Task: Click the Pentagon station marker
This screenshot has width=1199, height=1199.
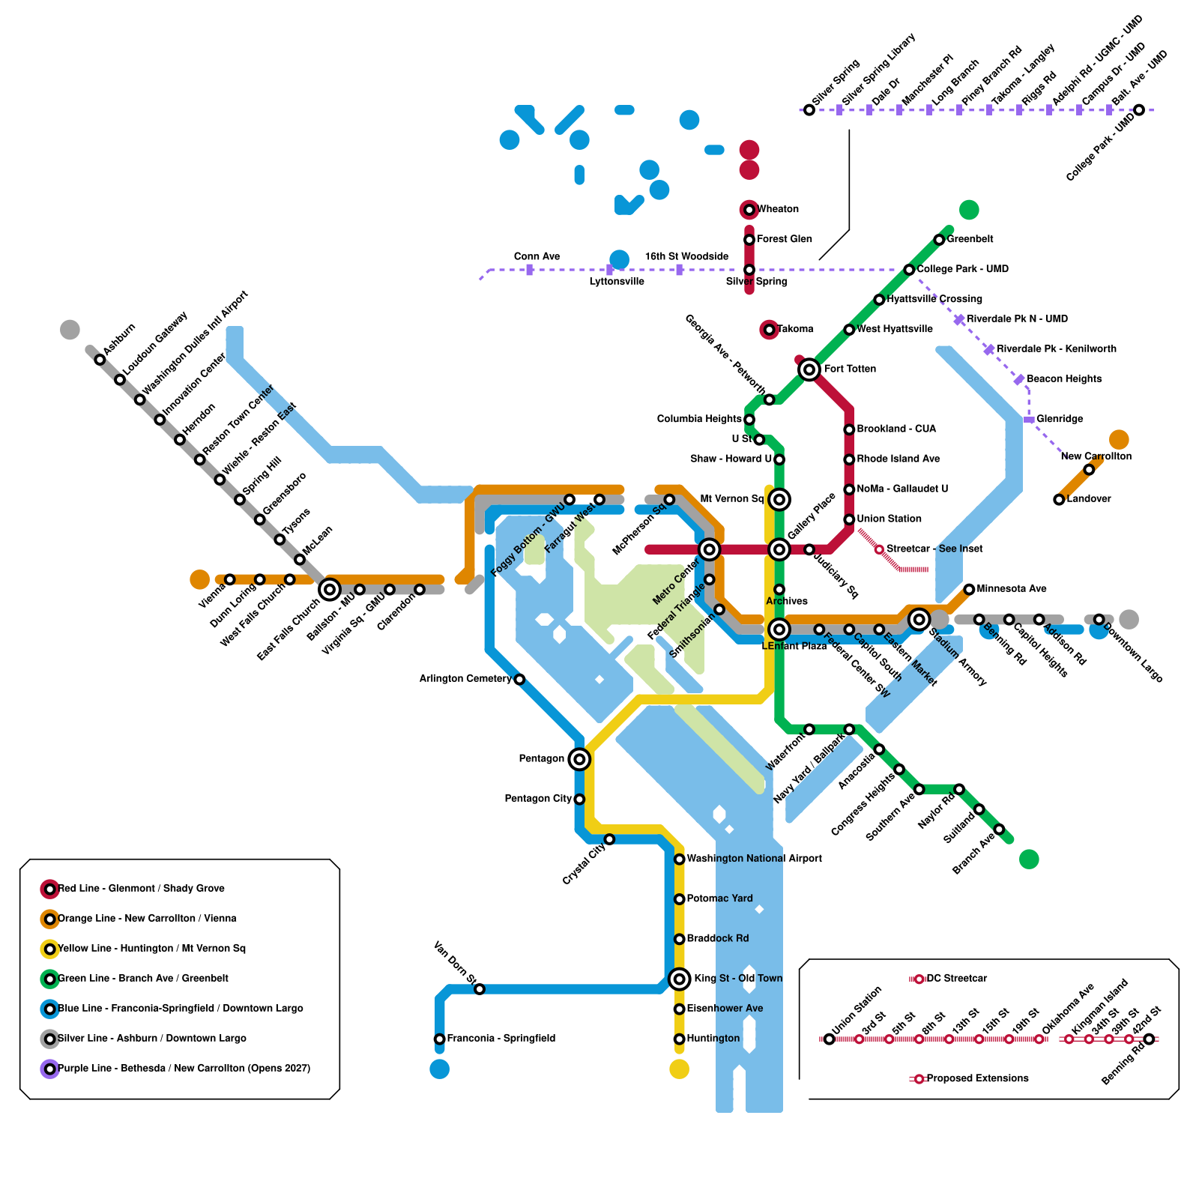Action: pos(579,759)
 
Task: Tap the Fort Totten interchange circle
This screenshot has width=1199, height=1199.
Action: pos(809,369)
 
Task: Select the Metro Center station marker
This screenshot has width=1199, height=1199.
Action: pos(709,549)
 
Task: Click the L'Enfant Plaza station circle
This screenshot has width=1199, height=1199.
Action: pos(779,629)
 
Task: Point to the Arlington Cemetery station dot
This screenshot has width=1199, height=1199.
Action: pos(519,680)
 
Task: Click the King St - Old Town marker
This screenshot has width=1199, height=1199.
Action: pos(679,979)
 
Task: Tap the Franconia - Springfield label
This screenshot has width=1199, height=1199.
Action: pos(501,1039)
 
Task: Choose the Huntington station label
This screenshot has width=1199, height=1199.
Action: pos(713,1039)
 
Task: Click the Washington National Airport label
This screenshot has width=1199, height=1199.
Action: pos(754,859)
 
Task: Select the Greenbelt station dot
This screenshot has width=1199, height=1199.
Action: pos(939,240)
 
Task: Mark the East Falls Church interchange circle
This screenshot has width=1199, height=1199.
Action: pos(330,590)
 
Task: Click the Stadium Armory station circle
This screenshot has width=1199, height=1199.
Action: pos(919,619)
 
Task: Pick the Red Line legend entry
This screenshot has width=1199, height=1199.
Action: pos(141,889)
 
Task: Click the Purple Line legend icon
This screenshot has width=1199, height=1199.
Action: pos(49,1069)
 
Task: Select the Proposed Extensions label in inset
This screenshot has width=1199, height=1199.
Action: pos(977,1078)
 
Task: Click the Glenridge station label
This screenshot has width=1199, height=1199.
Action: pos(1060,419)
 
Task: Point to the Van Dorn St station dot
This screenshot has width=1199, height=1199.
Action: pos(480,989)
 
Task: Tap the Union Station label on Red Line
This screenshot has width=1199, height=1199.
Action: pos(889,519)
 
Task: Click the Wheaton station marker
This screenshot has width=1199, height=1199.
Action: pos(749,210)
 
